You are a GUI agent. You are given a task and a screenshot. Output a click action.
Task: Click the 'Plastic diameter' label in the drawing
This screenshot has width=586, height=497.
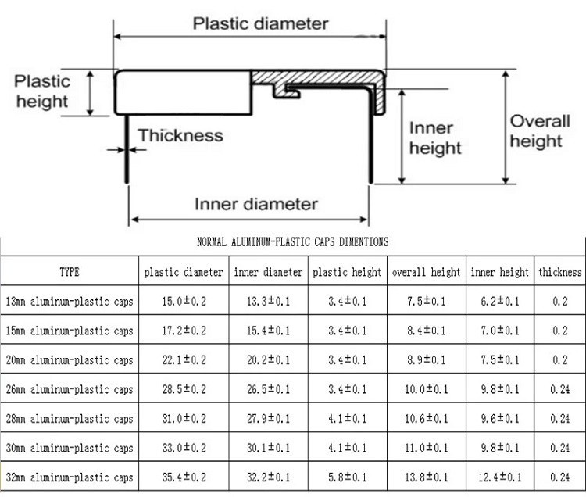[x=260, y=23]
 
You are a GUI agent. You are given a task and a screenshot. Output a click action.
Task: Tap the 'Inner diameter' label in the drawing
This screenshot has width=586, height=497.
[x=255, y=205]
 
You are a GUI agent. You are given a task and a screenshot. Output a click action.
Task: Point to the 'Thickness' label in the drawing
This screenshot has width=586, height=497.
[x=180, y=136]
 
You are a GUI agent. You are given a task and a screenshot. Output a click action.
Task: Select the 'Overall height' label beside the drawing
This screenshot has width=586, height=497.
[x=536, y=131]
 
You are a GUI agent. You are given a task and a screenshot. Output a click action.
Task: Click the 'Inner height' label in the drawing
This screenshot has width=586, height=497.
[x=435, y=138]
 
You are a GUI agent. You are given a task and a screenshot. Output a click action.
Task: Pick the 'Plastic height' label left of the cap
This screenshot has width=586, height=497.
[x=42, y=91]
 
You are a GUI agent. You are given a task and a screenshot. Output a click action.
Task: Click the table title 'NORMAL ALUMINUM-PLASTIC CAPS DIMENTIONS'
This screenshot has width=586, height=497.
[x=292, y=243]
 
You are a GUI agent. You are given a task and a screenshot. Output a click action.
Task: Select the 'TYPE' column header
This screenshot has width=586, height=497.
[x=70, y=273]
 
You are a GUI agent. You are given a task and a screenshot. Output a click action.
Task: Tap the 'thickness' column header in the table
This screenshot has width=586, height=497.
[x=560, y=273]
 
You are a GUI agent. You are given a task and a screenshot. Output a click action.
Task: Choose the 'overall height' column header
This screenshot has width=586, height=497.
[x=426, y=273]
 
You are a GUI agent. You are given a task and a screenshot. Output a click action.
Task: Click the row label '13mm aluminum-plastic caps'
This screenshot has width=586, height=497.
[x=70, y=302]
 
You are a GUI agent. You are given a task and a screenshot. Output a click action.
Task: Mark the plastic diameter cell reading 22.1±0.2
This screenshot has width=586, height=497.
[x=184, y=360]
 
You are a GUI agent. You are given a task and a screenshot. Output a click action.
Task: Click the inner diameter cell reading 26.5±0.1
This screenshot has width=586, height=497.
[x=268, y=389]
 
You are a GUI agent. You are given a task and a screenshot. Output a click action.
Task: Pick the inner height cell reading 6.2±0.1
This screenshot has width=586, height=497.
[x=500, y=302]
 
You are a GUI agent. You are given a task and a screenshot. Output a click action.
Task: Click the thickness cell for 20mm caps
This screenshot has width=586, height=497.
[x=560, y=360]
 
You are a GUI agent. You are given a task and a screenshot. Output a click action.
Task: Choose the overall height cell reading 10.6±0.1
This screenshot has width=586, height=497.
[x=426, y=419]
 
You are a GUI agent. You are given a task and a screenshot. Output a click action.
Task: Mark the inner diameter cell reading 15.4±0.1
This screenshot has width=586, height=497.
[x=268, y=331]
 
